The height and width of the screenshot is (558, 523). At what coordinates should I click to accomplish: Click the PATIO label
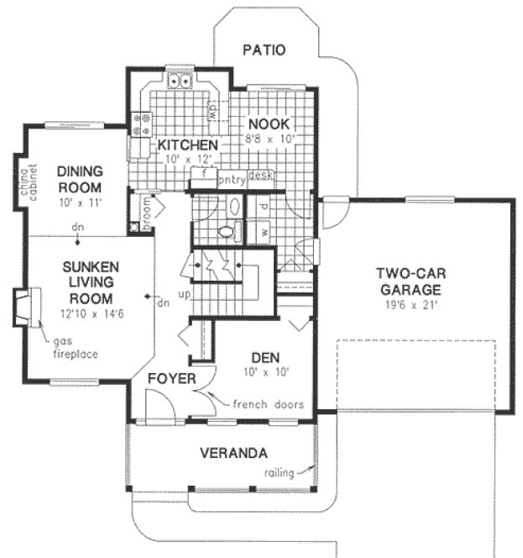(264, 50)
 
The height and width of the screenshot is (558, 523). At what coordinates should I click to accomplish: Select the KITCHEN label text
(188, 145)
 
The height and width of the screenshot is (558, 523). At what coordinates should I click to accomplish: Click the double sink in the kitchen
(182, 82)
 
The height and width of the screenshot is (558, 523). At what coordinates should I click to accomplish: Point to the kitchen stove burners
(141, 124)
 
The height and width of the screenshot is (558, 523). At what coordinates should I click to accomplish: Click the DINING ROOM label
(80, 179)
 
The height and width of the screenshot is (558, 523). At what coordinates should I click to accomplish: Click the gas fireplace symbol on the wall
(28, 308)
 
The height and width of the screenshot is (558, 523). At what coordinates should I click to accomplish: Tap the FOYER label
(171, 379)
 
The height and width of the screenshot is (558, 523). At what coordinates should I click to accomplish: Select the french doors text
(268, 404)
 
